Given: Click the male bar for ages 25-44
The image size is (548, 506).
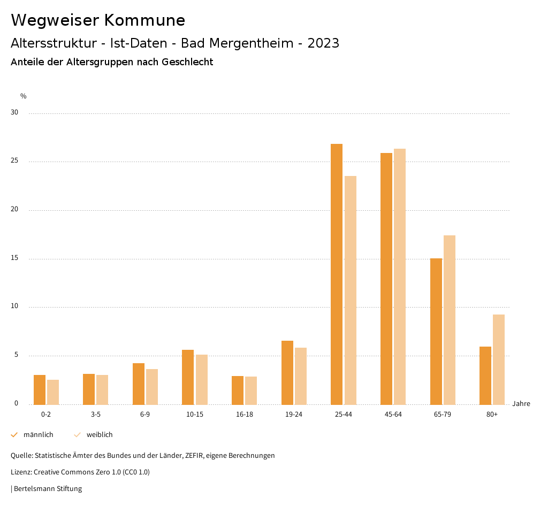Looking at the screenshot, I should click(x=337, y=274).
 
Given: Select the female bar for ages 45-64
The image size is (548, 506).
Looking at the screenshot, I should click(x=400, y=277).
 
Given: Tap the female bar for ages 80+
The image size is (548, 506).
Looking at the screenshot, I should click(x=499, y=359).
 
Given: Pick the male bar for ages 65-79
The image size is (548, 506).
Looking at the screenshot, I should click(x=436, y=332).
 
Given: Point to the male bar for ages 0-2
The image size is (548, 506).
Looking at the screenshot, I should click(x=40, y=390).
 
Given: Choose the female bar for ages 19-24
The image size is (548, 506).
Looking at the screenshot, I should click(x=301, y=376).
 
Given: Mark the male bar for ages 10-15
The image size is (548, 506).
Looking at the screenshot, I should click(x=188, y=377).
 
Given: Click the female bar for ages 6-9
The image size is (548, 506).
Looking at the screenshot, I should click(x=152, y=387).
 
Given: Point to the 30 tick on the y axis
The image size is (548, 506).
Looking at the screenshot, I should click(x=14, y=113).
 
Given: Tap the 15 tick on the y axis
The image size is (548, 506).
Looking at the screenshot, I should click(x=14, y=258).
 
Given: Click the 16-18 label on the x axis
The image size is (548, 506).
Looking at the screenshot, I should click(x=245, y=415).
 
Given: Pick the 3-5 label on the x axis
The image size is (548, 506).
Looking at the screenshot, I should click(x=96, y=415).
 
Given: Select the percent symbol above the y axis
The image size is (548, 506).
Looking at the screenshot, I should click(x=24, y=96).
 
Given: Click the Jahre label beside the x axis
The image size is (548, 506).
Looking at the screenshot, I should click(x=521, y=404).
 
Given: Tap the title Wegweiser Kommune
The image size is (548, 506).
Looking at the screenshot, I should click(x=98, y=20).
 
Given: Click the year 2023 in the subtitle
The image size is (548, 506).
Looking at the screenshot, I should click(x=323, y=43).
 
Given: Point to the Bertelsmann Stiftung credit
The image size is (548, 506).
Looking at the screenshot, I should click(x=48, y=488).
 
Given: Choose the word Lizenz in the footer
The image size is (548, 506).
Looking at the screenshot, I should click(x=21, y=472).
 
